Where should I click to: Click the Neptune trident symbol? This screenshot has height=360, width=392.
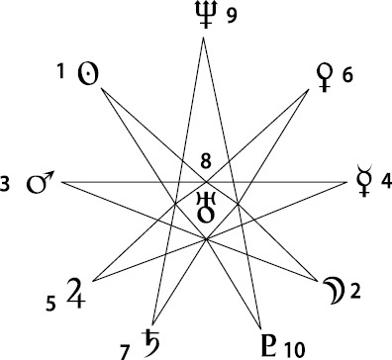[x=206, y=14]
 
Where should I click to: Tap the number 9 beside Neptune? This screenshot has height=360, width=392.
[x=232, y=15]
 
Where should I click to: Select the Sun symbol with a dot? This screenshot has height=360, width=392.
[x=88, y=73]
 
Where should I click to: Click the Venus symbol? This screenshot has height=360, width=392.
[x=325, y=77]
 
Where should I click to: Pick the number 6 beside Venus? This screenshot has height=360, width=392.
[x=347, y=75]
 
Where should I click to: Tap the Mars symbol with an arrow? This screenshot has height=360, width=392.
[x=40, y=182]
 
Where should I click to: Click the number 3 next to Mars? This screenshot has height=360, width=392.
[x=4, y=184]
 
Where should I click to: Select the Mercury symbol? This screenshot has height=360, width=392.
[x=364, y=180]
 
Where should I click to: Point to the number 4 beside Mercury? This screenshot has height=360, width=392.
[x=386, y=181]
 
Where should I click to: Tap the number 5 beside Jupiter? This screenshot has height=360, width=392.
[x=50, y=304]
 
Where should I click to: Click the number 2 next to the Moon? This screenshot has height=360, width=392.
[x=355, y=292]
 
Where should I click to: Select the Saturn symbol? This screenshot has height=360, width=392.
[x=151, y=343]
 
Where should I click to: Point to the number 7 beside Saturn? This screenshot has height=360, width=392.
[x=124, y=352]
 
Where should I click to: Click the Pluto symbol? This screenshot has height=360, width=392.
[x=270, y=345]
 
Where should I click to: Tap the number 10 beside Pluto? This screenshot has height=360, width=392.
[x=295, y=350]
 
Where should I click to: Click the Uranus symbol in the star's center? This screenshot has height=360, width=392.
[x=206, y=208]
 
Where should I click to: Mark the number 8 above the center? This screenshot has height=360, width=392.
[x=206, y=162]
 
